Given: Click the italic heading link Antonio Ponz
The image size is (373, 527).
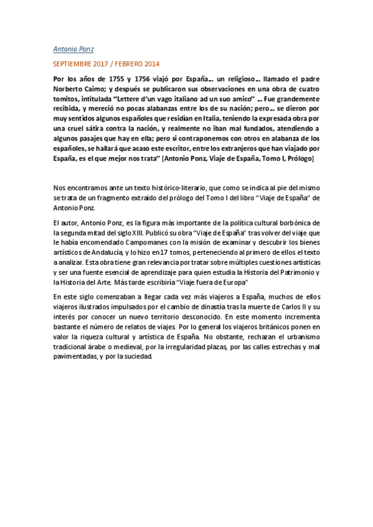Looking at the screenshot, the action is point(73,48).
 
